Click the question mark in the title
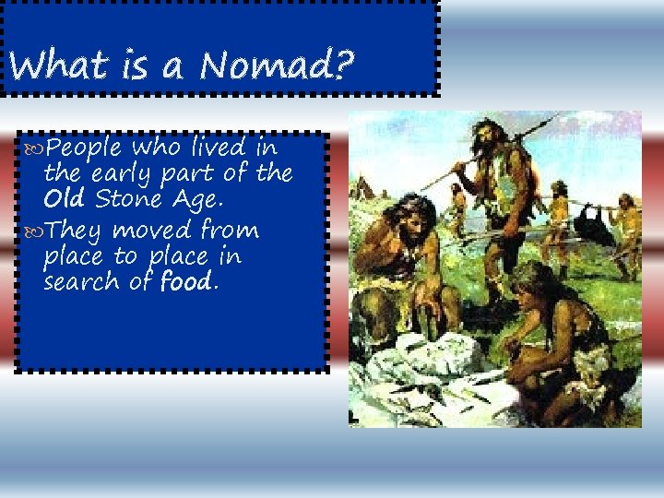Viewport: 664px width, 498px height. [345, 65]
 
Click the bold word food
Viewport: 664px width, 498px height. [186, 281]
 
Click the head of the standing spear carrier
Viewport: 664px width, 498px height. [485, 135]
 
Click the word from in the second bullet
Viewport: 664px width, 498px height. [229, 229]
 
